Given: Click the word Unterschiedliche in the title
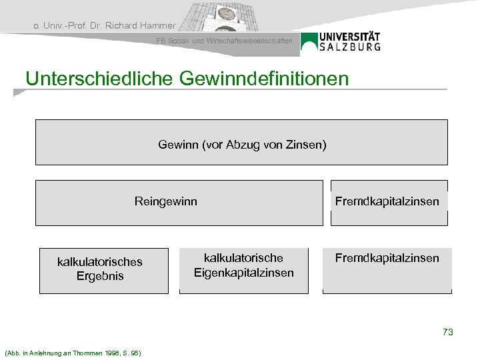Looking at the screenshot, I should coord(99,79).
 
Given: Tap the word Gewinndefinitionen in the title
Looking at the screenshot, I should coord(263,79).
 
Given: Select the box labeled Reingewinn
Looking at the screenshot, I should coord(166,202).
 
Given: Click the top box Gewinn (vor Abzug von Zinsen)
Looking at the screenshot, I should coord(241,142).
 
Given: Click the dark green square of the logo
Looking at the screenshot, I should coord(309,41).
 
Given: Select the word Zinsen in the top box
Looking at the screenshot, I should coord(310,143).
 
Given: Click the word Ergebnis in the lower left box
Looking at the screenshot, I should coord(101,275).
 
